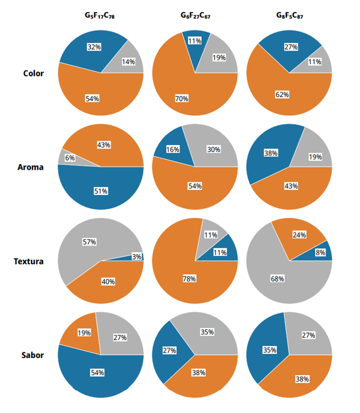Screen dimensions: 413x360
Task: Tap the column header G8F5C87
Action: coord(288,16)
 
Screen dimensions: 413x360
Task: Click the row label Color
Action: coord(33,73)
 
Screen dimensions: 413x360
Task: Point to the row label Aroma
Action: coord(31,167)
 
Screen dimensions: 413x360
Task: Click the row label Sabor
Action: coord(32,355)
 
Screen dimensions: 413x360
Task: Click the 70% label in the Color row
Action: coord(182,99)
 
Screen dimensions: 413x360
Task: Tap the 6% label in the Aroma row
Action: coord(70,158)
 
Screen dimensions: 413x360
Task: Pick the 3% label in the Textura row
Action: coord(136,257)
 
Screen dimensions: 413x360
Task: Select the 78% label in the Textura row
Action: coord(189,279)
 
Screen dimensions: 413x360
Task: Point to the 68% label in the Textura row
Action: coord(277,279)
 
